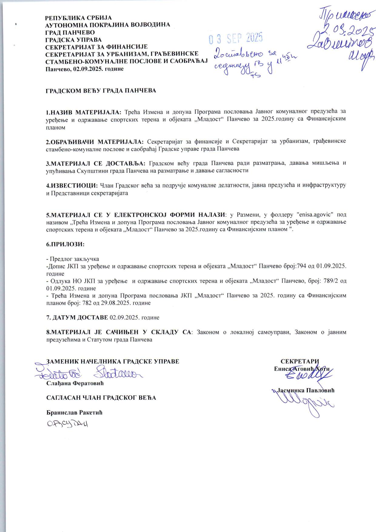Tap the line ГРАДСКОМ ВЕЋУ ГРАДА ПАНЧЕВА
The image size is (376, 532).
coord(101,91)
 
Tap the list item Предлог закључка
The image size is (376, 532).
coord(74,259)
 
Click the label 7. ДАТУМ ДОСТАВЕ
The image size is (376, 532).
coord(77,317)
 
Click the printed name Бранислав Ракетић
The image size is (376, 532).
coord(75,412)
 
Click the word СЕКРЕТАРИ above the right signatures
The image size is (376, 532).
coord(300,361)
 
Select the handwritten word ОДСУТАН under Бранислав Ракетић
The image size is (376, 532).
coord(67,424)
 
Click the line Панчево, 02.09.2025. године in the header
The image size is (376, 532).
coord(85,69)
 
